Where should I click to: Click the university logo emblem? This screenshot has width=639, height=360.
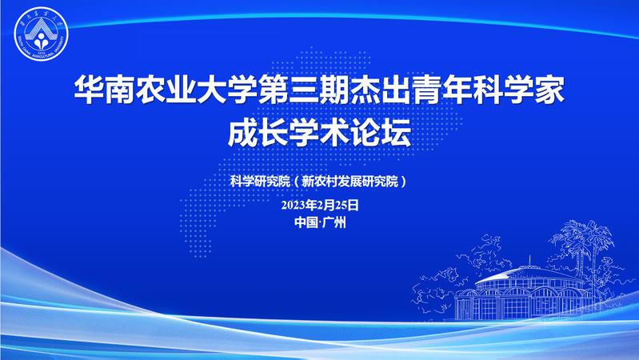41,34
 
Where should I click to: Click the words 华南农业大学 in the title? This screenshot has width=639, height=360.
166,89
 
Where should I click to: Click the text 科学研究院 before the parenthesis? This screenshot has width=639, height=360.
260,181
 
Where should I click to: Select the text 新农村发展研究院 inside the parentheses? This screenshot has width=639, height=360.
349,181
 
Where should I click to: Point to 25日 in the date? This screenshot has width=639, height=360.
347,205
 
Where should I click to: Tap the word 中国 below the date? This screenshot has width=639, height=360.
306,222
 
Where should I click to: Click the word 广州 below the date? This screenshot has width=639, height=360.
334,222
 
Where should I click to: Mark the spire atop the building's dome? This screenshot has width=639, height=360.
529,260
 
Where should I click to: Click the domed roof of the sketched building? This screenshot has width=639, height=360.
529,274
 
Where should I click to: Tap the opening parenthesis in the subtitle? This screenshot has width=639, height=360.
296,182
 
